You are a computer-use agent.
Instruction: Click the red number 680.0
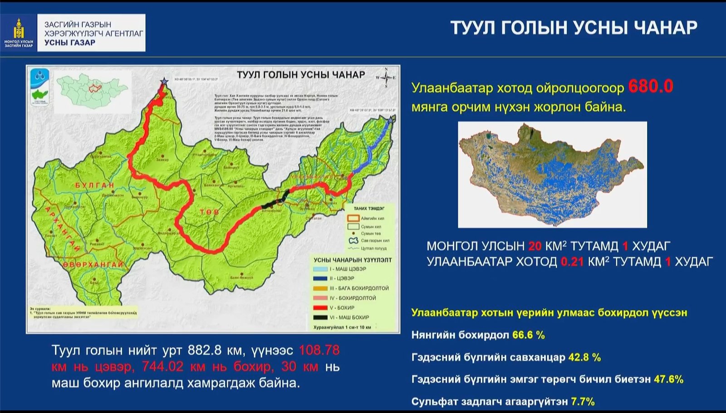pyautogui.click(x=650, y=86)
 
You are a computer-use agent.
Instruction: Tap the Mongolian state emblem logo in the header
pyautogui.click(x=19, y=33)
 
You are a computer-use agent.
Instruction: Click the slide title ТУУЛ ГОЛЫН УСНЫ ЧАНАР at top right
pyautogui.click(x=574, y=28)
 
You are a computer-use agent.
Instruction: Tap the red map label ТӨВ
pyautogui.click(x=209, y=212)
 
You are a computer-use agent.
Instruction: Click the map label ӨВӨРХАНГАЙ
pyautogui.click(x=93, y=264)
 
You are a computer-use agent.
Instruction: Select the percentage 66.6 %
pyautogui.click(x=528, y=335)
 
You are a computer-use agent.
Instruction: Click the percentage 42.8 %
pyautogui.click(x=584, y=357)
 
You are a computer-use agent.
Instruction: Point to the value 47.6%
pyautogui.click(x=668, y=379)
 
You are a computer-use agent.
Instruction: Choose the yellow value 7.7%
pyautogui.click(x=583, y=401)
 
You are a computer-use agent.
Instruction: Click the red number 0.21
pyautogui.click(x=572, y=262)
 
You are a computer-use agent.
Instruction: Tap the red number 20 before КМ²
pyautogui.click(x=535, y=246)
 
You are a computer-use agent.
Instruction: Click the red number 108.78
pyautogui.click(x=319, y=350)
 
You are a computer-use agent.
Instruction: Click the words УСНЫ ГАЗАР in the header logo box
pyautogui.click(x=70, y=43)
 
